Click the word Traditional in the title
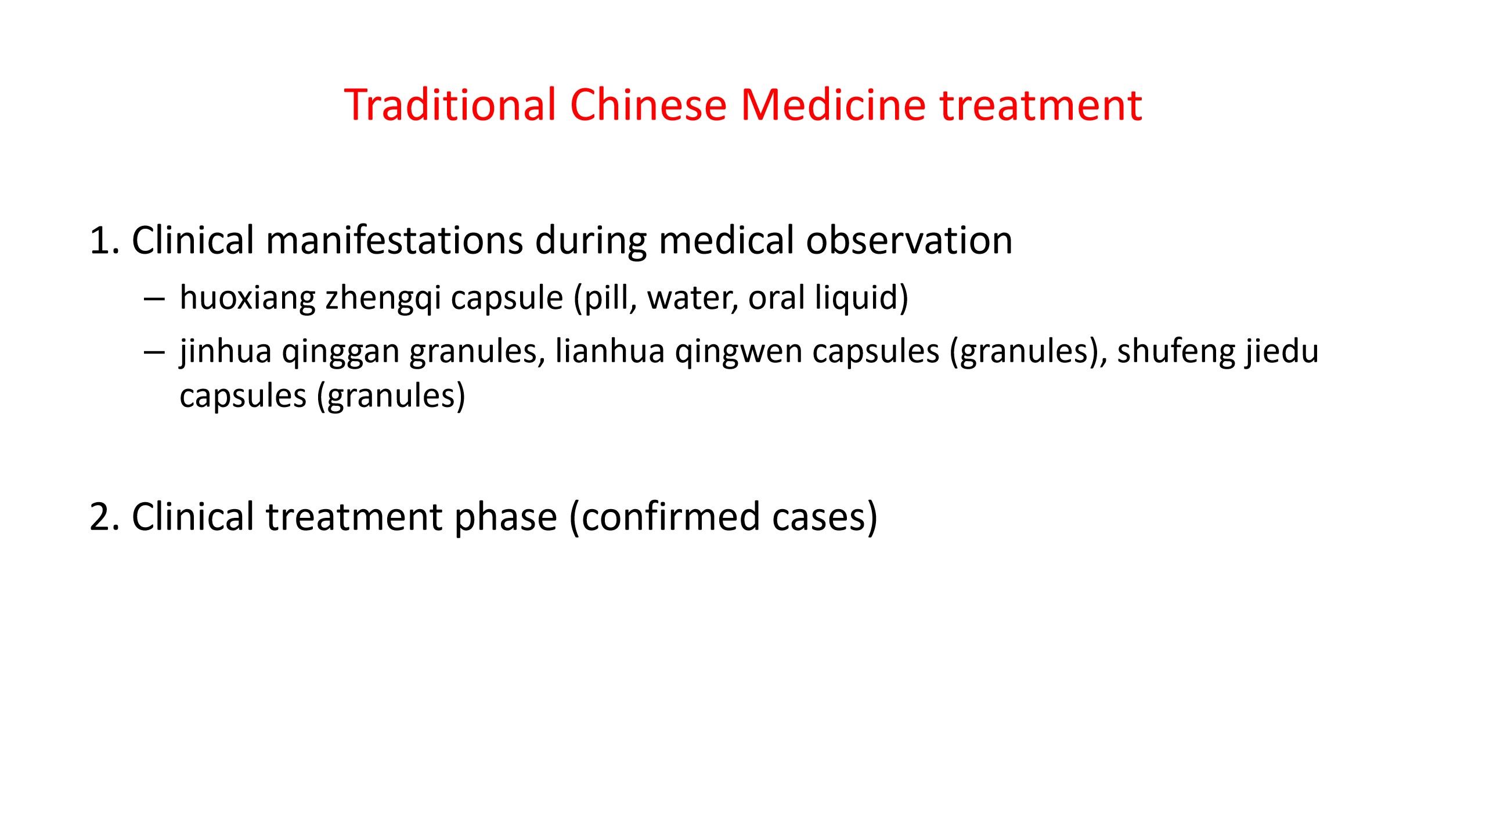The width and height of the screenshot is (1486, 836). tap(450, 105)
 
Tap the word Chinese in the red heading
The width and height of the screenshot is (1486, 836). tap(648, 105)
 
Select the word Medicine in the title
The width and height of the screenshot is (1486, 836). tap(833, 105)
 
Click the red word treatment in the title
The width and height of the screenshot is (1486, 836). tap(1041, 106)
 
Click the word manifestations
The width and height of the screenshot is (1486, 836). tap(394, 240)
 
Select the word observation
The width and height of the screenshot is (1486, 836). tap(909, 240)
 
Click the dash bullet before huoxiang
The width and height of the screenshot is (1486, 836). tap(154, 300)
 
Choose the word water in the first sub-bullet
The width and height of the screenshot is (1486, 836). tap(692, 300)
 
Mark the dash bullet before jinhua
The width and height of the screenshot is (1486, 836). tap(154, 353)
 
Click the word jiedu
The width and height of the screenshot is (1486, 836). tap(1281, 352)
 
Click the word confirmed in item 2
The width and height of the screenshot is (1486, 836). tap(670, 517)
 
